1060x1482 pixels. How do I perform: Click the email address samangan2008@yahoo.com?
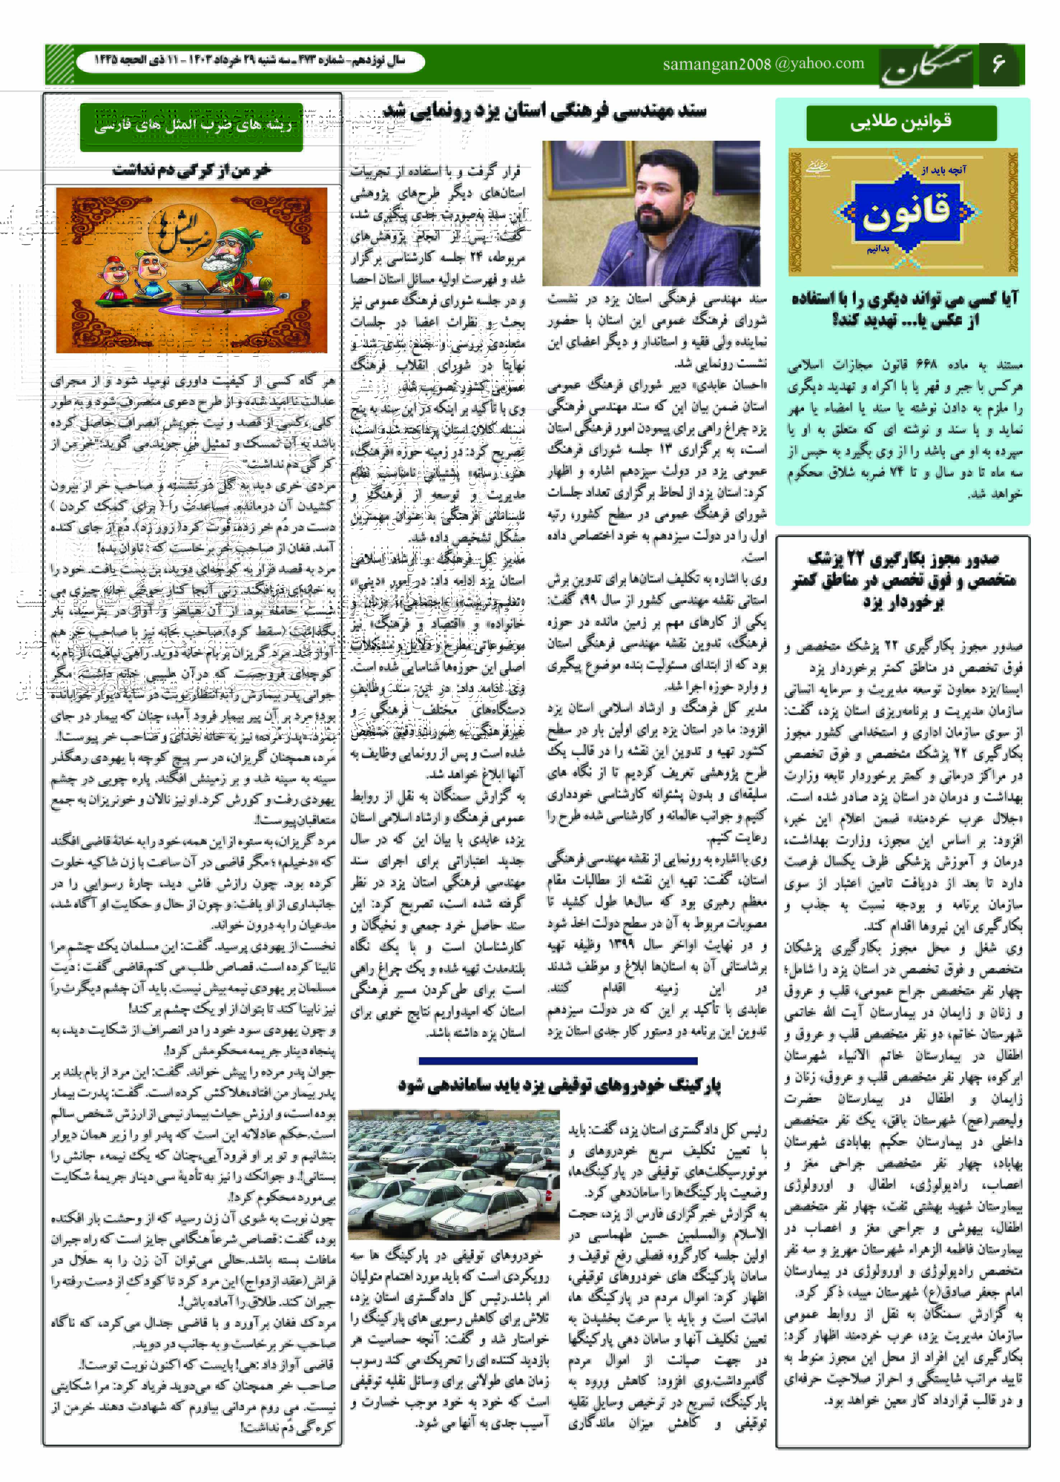763,64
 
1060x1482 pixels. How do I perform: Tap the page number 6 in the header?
998,64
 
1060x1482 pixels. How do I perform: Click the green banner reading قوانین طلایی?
901,122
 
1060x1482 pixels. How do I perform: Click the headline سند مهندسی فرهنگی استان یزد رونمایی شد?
545,111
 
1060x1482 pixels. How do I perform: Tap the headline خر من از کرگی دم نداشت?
191,171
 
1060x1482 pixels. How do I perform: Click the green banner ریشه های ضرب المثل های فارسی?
191,126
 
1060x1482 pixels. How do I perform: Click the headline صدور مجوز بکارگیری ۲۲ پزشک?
903,580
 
